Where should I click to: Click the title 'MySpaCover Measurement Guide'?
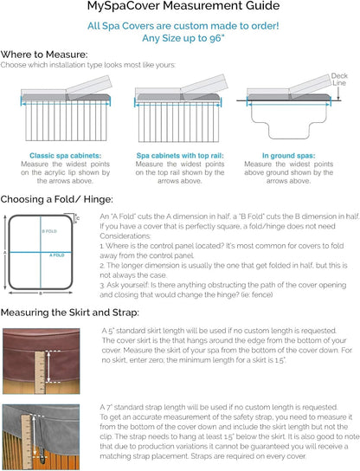pos(179,8)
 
